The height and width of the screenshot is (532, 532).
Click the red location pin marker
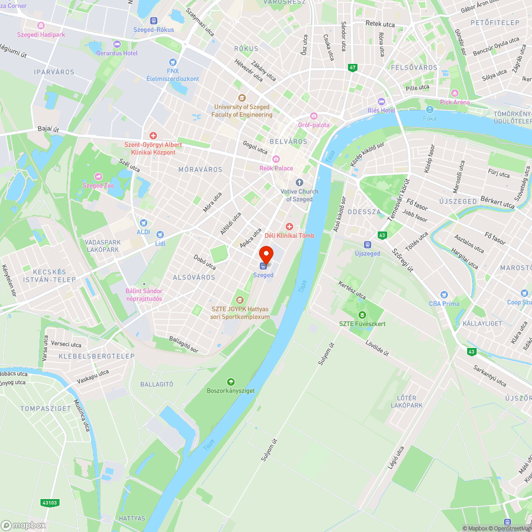(x=266, y=254)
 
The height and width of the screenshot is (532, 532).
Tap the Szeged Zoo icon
(x=98, y=177)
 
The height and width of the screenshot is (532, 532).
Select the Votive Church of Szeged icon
(x=300, y=182)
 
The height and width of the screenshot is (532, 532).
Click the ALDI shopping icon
(x=143, y=223)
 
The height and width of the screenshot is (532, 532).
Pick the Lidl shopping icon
(x=160, y=234)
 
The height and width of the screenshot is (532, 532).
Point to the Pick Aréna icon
(x=454, y=93)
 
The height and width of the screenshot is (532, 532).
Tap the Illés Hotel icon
(x=381, y=102)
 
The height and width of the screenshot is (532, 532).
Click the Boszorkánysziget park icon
(x=230, y=381)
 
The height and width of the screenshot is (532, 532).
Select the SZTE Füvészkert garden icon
(x=362, y=314)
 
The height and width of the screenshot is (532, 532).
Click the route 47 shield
(x=352, y=68)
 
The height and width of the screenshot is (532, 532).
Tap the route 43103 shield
(x=48, y=502)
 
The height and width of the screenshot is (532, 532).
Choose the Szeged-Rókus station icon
(x=154, y=20)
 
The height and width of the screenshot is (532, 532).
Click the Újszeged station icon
(x=367, y=244)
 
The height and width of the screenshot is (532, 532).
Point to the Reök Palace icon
(x=276, y=159)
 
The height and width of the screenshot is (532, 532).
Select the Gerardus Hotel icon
(x=117, y=44)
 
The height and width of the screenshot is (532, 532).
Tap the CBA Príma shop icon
(x=444, y=295)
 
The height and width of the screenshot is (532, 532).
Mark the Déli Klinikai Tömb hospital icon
(x=289, y=227)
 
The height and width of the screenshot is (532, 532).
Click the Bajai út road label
(x=48, y=129)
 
